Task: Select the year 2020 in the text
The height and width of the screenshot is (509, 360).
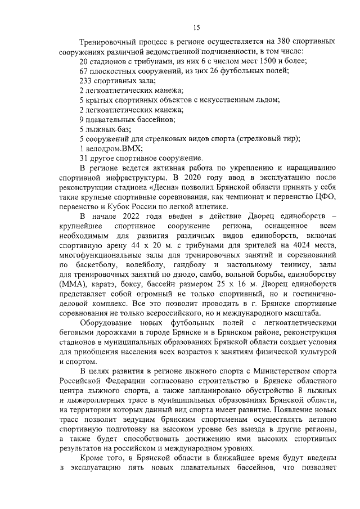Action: tap(159, 178)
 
